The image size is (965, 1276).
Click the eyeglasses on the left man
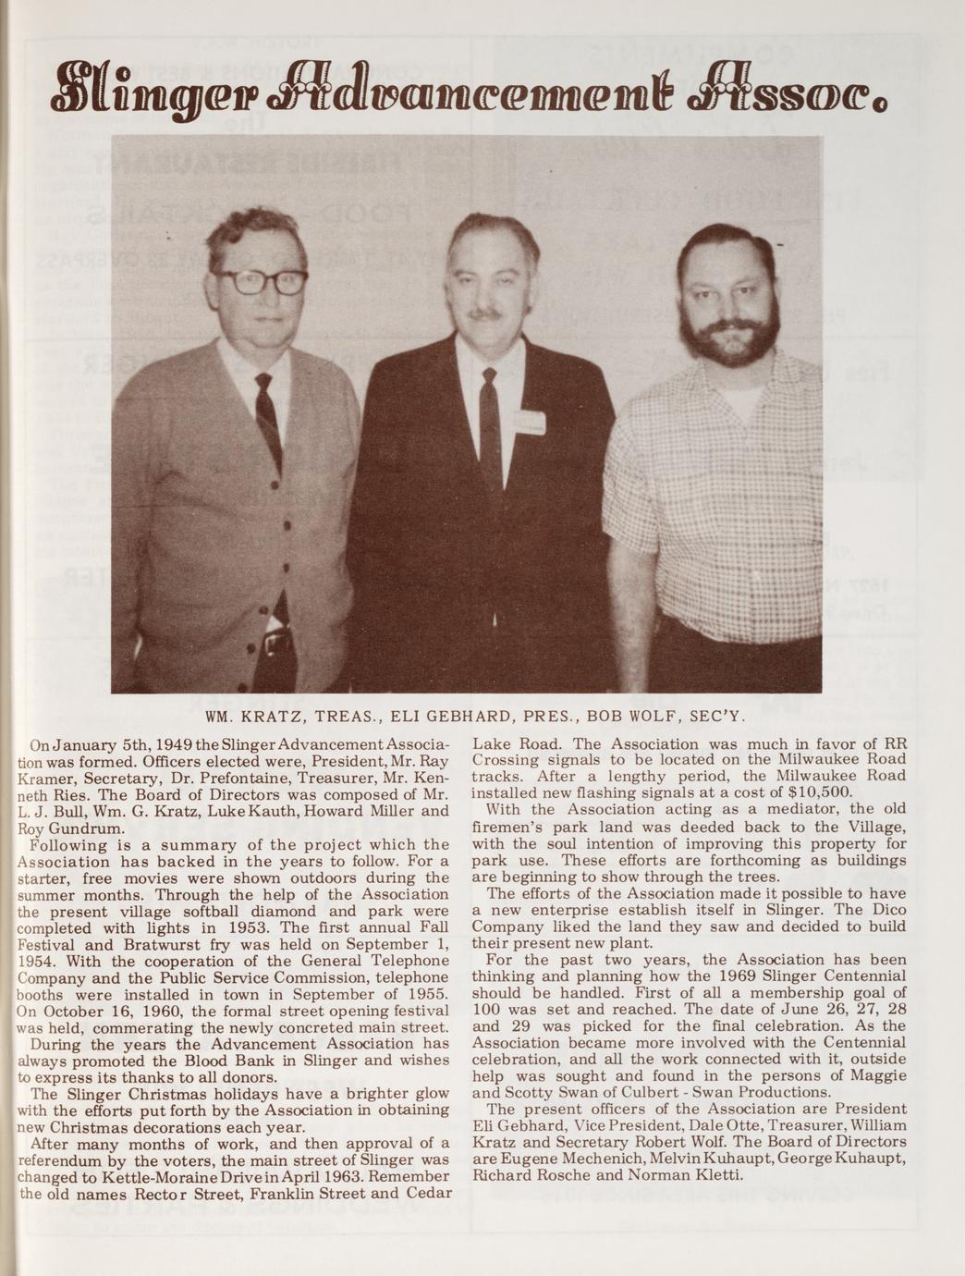(262, 281)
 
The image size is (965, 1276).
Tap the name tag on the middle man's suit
(529, 423)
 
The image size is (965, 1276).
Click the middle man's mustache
(483, 314)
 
